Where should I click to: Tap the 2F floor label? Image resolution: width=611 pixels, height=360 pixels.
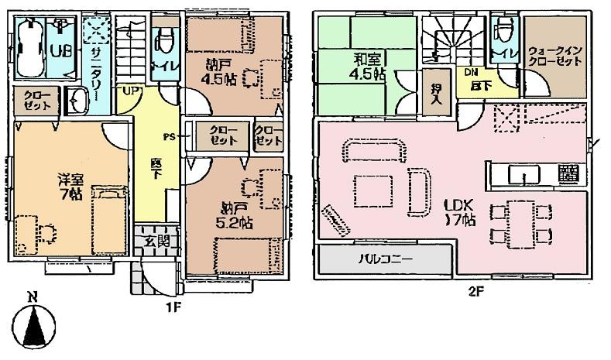[481, 292]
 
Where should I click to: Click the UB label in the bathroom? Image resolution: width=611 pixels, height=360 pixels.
[58, 50]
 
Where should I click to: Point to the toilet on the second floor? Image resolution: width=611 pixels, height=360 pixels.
[503, 37]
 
